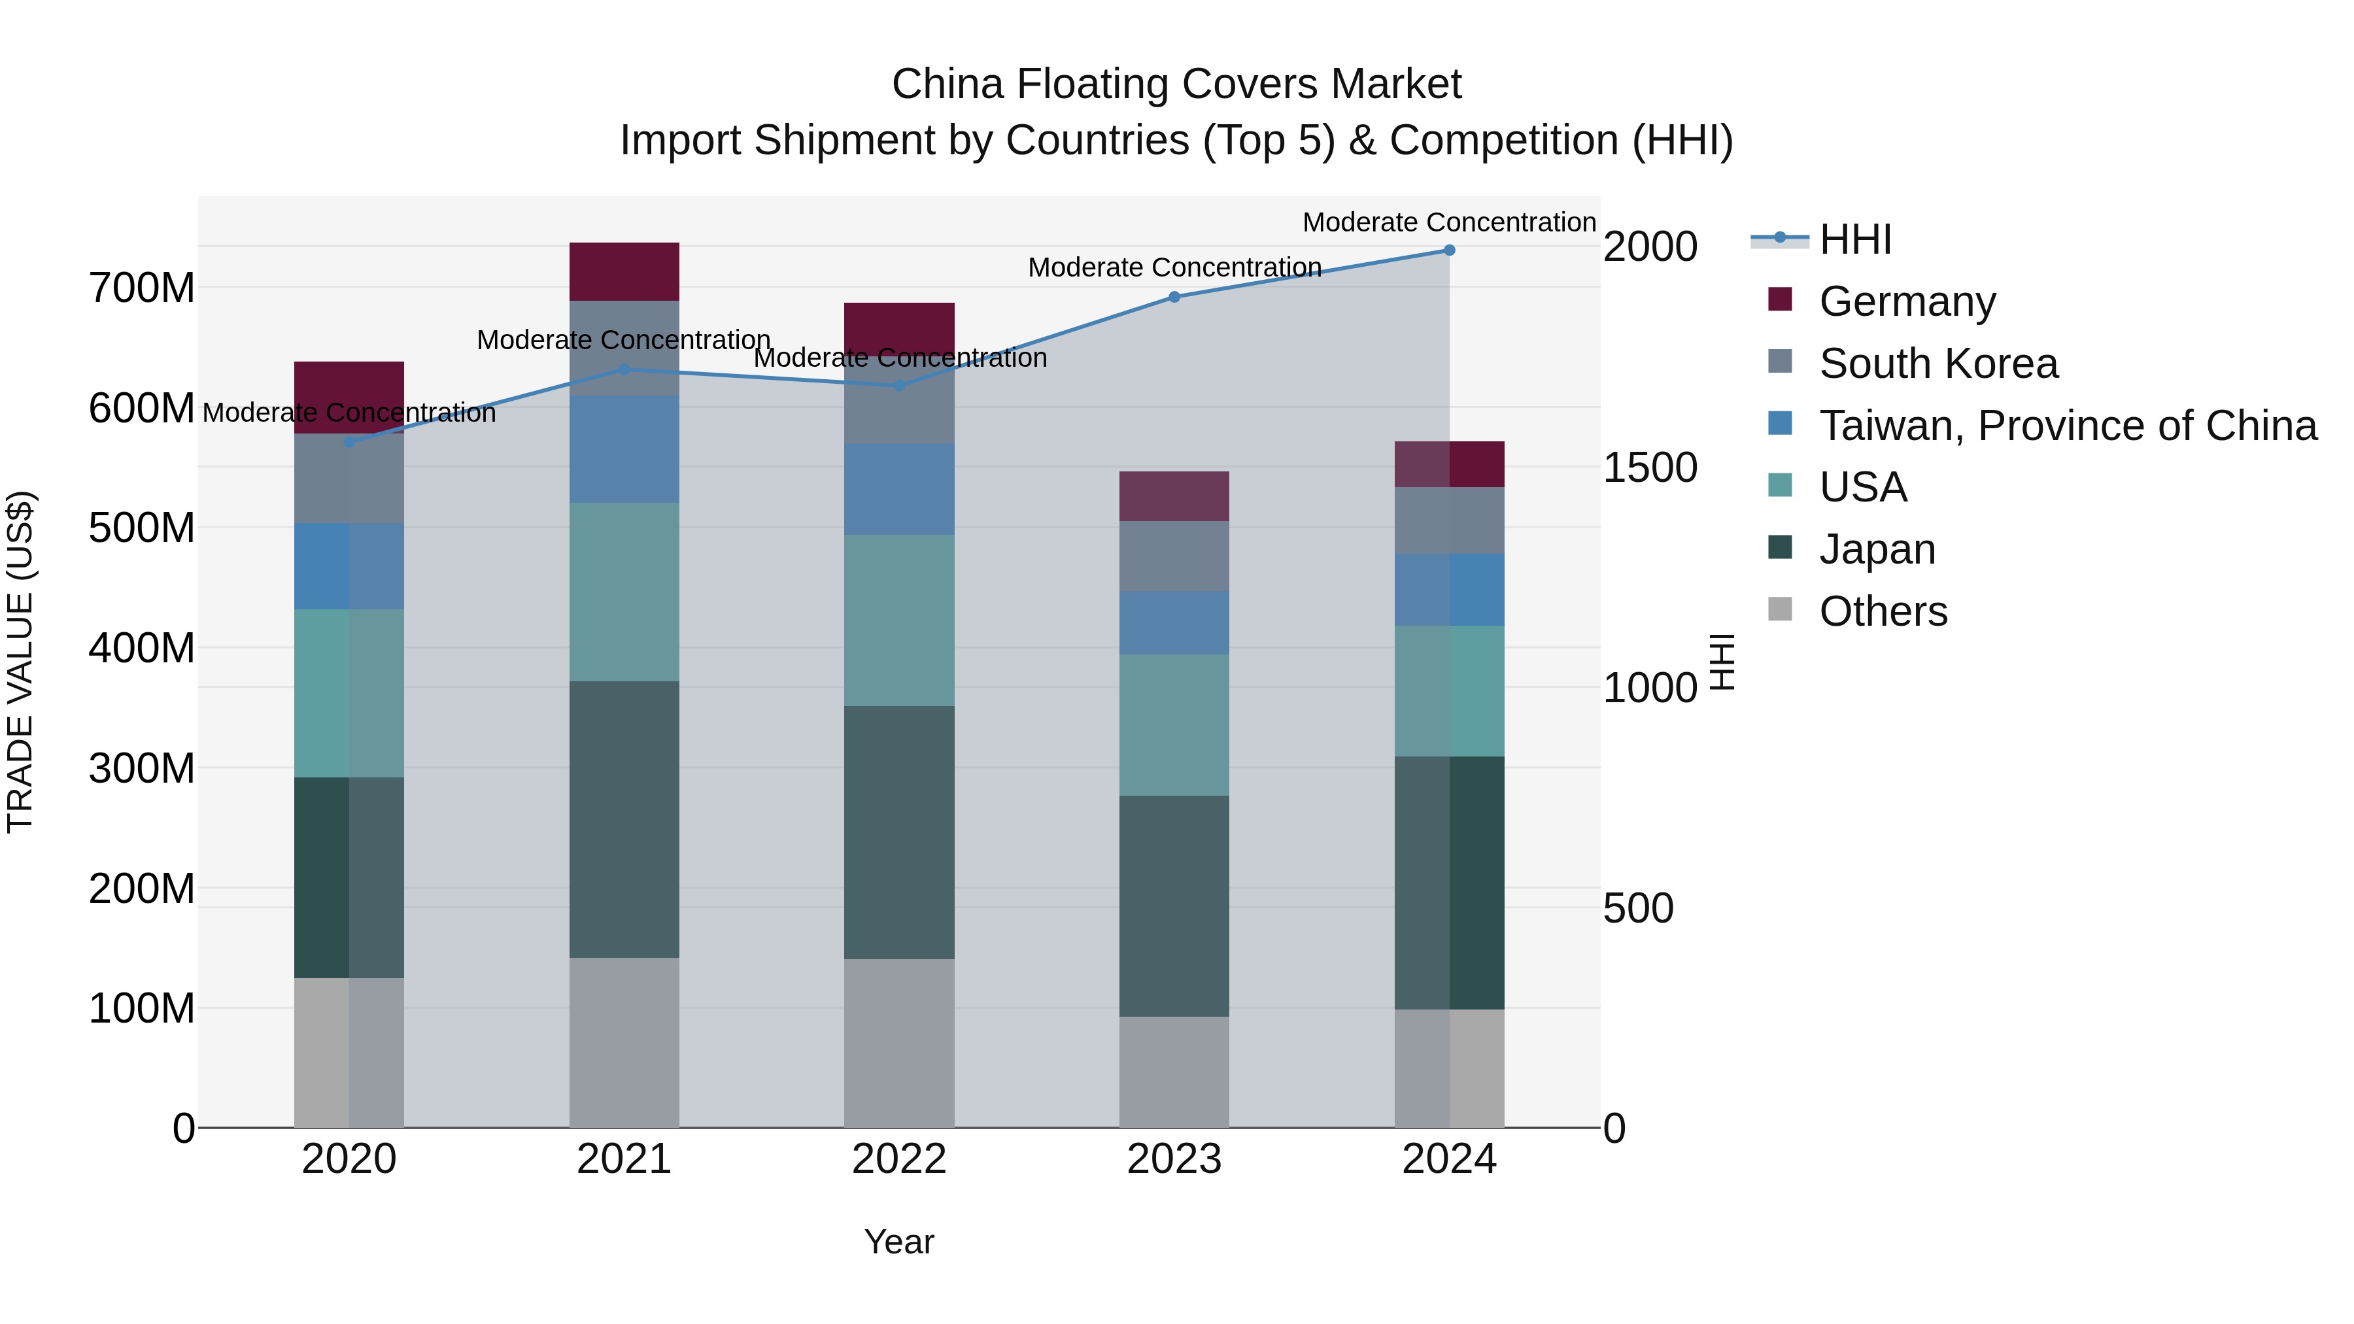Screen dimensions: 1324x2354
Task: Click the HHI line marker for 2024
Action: [x=1449, y=250]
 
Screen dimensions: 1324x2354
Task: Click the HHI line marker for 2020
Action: [x=349, y=442]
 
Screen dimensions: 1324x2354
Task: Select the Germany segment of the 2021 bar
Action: [x=624, y=271]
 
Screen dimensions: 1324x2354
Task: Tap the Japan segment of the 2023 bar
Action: [x=1174, y=906]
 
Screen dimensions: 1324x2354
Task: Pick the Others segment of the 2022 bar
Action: [x=899, y=1043]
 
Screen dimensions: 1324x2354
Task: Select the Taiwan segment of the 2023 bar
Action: [x=1174, y=622]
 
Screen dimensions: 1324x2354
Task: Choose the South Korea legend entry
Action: [x=1937, y=364]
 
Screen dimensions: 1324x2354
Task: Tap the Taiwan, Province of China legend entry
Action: [x=2067, y=426]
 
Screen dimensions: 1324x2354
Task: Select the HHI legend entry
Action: [x=1854, y=239]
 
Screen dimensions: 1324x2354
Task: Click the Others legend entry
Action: [x=1883, y=611]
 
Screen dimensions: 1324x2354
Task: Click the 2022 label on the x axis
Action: [x=899, y=1159]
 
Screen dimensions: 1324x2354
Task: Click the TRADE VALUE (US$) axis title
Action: [x=20, y=662]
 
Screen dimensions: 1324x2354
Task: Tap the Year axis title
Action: [x=899, y=1242]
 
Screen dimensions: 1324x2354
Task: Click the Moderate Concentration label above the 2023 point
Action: [x=1174, y=267]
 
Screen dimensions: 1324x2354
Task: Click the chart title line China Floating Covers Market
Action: [x=1176, y=84]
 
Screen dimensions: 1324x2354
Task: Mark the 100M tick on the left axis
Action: [x=142, y=1009]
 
